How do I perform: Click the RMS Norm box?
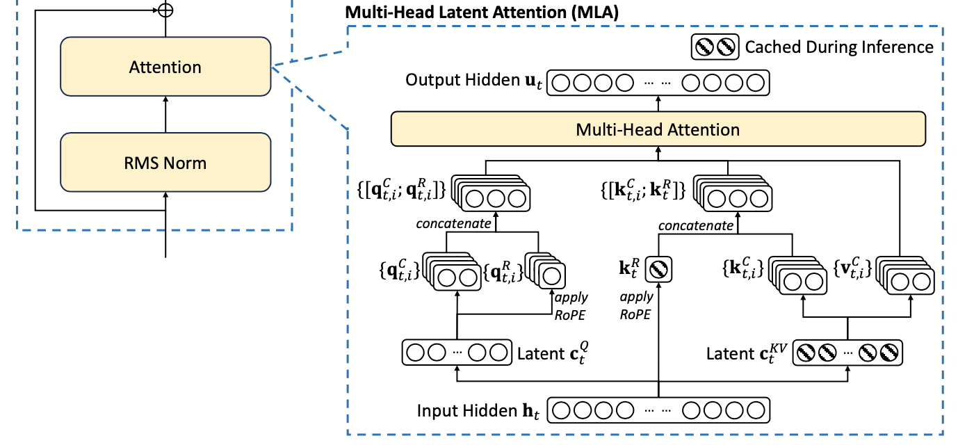(x=165, y=162)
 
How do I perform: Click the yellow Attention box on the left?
(x=165, y=66)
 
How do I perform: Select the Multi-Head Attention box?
(x=658, y=129)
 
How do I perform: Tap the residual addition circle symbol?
(x=165, y=10)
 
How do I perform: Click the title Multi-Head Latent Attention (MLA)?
(x=482, y=12)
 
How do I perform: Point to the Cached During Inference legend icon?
(x=715, y=47)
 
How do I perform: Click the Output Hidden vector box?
(x=658, y=83)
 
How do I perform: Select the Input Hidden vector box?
(x=658, y=410)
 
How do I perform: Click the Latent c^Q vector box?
(x=457, y=353)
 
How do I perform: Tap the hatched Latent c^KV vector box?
(x=847, y=353)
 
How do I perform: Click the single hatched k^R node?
(x=658, y=269)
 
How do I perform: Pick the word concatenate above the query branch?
(x=453, y=223)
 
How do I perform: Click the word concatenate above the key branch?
(x=696, y=225)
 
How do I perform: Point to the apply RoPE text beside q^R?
(x=571, y=306)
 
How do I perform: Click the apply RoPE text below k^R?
(x=636, y=305)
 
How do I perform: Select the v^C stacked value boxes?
(x=905, y=275)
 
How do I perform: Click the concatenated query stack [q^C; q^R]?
(x=491, y=193)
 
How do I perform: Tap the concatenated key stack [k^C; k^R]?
(x=733, y=193)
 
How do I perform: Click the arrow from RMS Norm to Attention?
(x=165, y=114)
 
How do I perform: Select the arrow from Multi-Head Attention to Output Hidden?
(x=658, y=104)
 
